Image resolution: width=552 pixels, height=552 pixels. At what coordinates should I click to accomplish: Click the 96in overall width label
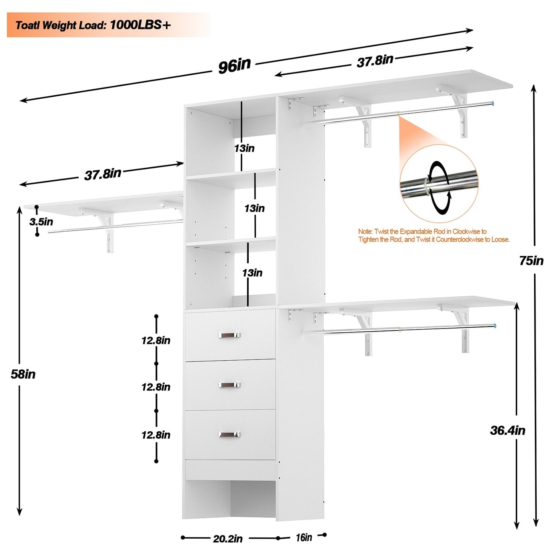tap(234, 65)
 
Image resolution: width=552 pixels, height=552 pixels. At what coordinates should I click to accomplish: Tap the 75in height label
tap(531, 261)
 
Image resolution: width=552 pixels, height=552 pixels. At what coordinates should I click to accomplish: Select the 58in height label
tap(23, 374)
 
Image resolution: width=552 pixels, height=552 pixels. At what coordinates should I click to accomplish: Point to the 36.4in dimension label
tap(507, 431)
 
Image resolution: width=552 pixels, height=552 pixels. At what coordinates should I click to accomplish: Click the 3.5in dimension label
tap(41, 222)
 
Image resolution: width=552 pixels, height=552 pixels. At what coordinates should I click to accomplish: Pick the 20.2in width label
tap(228, 539)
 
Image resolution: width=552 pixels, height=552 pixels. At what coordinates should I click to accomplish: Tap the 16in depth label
tap(304, 537)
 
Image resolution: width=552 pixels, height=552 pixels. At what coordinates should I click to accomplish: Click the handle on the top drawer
tap(229, 335)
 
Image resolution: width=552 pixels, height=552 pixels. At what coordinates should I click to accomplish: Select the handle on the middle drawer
tap(229, 385)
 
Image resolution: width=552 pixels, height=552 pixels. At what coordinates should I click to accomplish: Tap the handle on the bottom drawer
tap(229, 435)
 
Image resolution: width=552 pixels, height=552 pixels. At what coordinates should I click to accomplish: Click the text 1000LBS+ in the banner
tap(140, 25)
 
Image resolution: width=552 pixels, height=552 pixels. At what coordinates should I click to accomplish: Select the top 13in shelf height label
tap(244, 148)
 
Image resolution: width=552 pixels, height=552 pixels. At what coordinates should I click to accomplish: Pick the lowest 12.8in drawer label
tap(156, 435)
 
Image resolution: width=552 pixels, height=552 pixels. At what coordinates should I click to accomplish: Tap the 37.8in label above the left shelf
tap(102, 174)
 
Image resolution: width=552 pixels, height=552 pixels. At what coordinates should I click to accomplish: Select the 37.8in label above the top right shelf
tap(375, 61)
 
